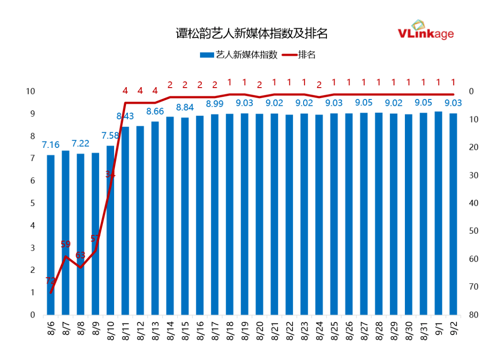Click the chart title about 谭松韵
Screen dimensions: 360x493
(252, 34)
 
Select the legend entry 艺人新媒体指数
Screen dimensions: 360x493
(239, 55)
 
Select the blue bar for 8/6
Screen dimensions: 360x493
(51, 235)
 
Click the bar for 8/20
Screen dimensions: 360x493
(259, 214)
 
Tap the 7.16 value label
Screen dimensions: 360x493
(51, 145)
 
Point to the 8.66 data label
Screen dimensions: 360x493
(155, 111)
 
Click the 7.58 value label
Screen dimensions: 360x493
(110, 136)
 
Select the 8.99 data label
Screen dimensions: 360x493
(215, 104)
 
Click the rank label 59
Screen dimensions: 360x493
(66, 244)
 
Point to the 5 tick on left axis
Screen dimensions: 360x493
(32, 203)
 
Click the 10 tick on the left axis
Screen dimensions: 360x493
(31, 91)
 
